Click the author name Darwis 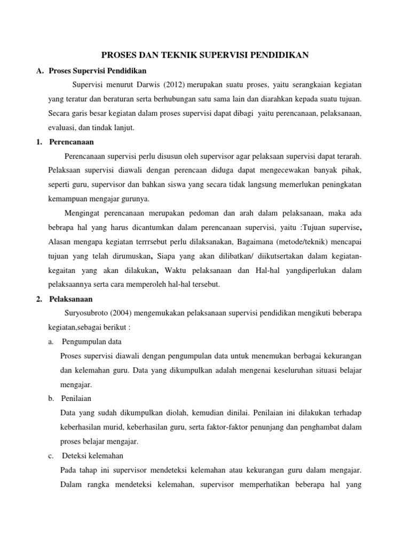coord(151,85)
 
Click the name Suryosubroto coord(85,313)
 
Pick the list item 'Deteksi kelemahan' coord(93,456)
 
